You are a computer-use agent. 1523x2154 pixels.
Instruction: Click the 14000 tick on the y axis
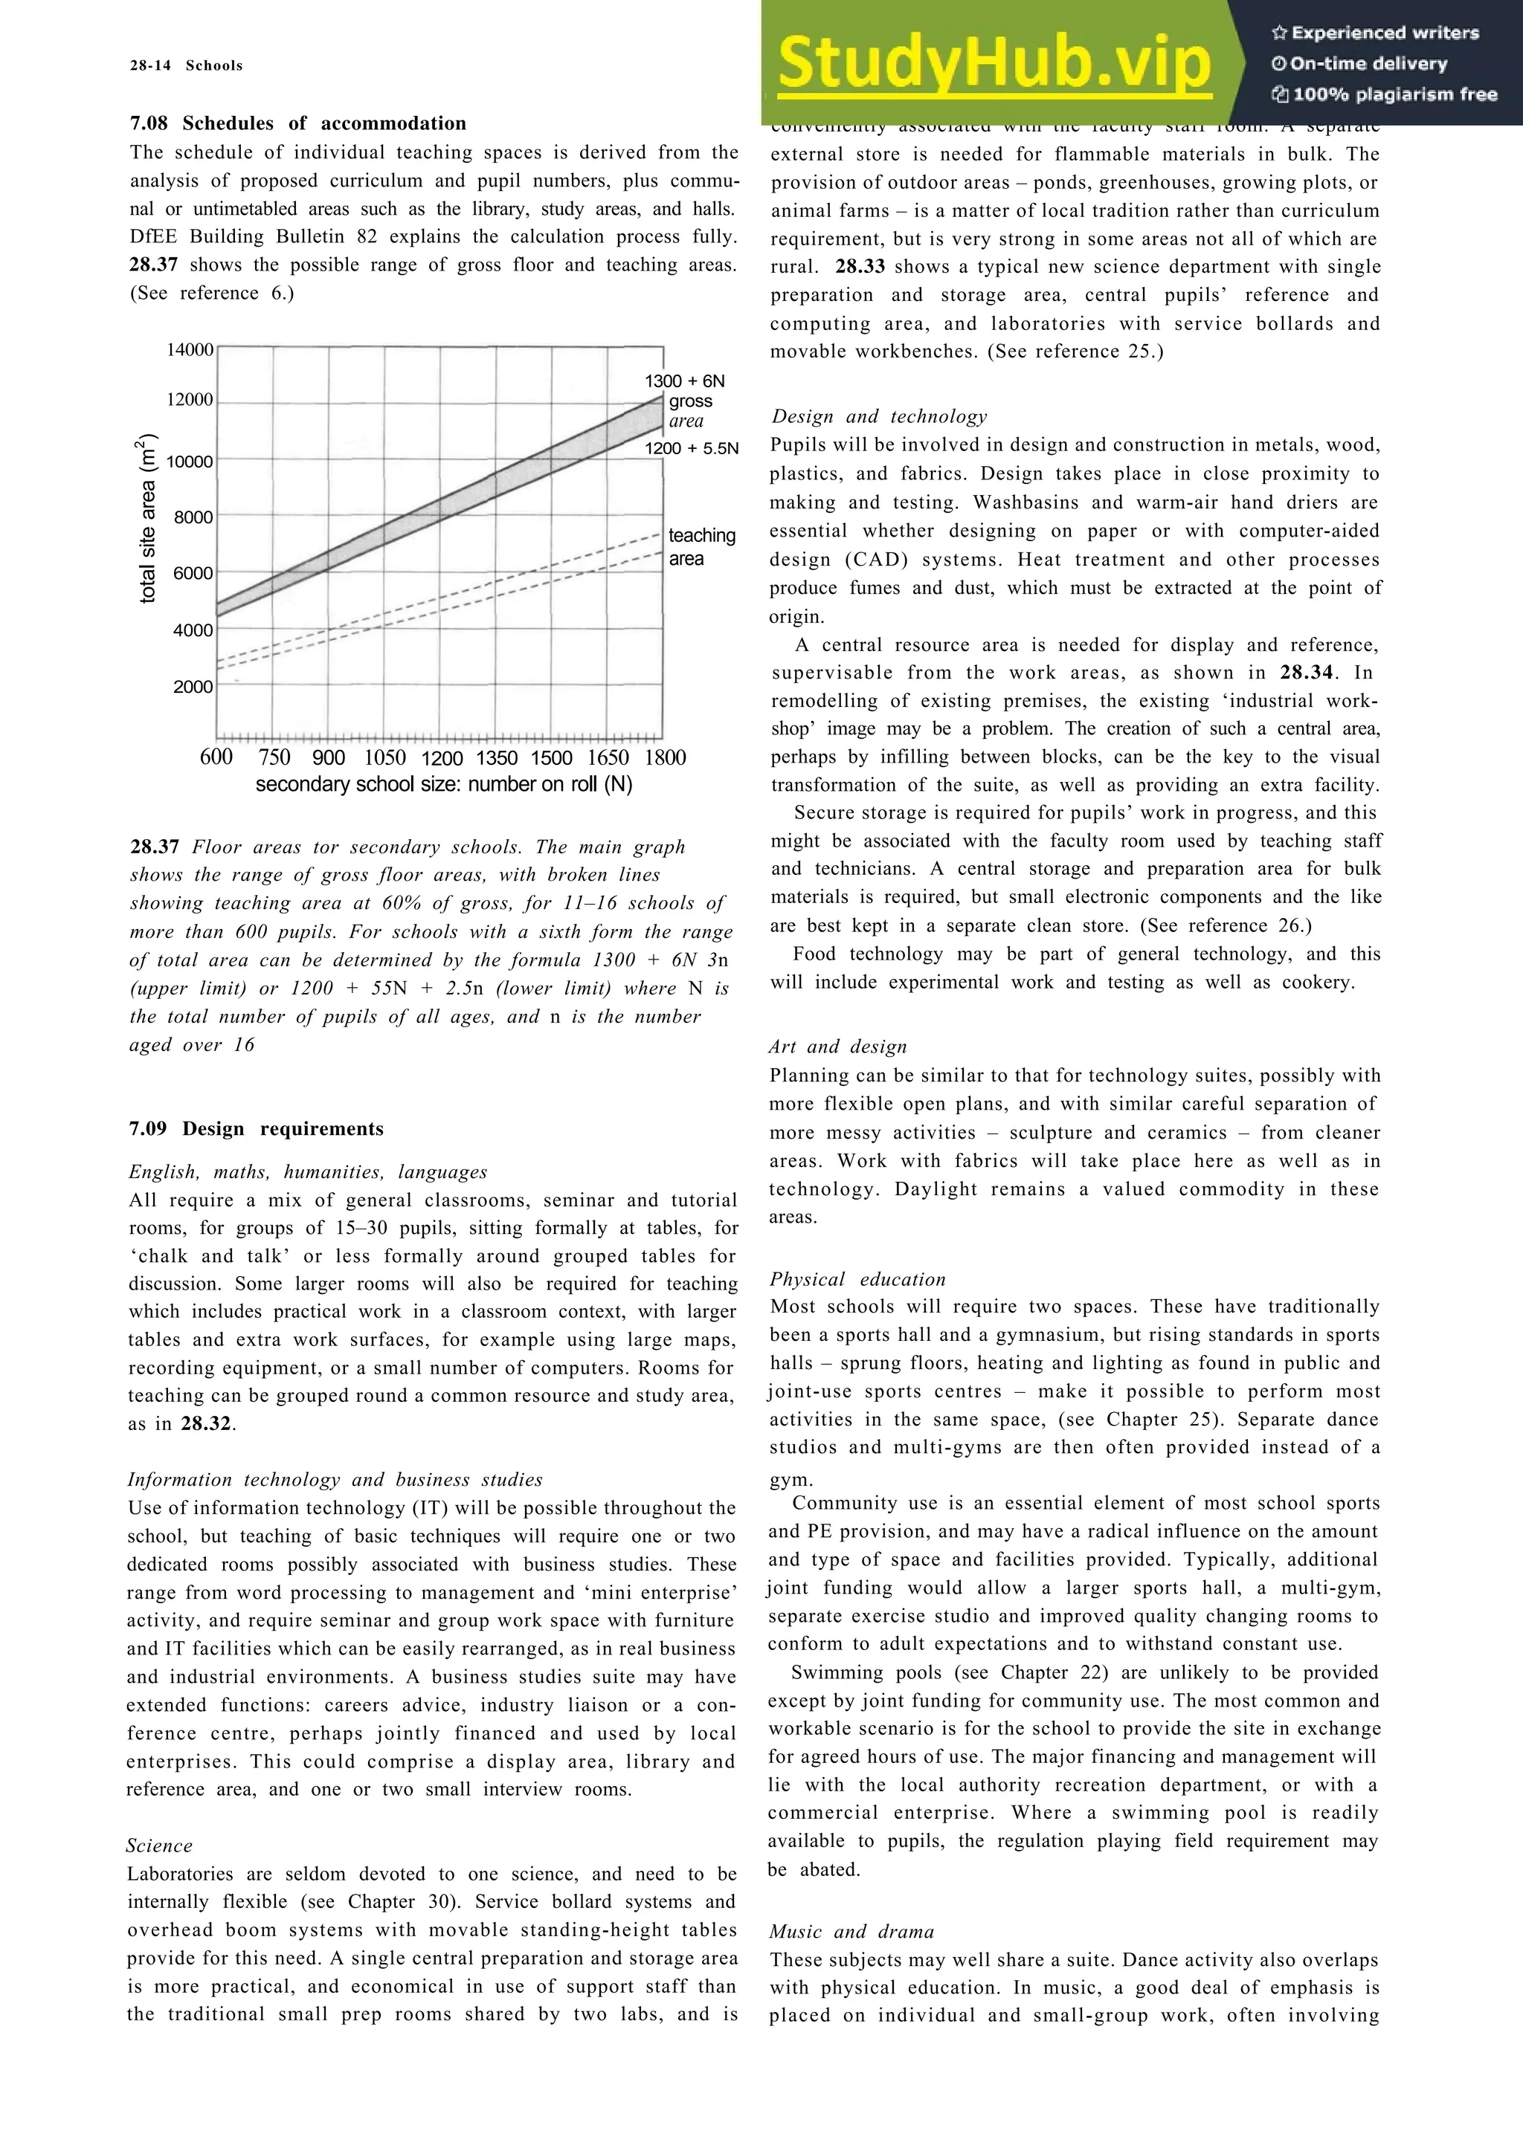190,350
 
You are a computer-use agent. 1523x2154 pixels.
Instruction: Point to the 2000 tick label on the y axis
193,687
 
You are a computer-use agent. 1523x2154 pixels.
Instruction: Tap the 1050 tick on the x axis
384,758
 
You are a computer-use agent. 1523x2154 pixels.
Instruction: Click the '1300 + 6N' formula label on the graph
684,381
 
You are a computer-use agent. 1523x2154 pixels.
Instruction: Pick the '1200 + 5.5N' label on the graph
691,448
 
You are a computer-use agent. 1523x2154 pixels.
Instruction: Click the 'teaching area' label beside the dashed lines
701,547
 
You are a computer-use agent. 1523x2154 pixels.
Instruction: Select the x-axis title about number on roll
444,784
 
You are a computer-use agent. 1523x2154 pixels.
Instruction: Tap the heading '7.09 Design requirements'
256,1128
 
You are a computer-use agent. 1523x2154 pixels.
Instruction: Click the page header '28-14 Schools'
186,65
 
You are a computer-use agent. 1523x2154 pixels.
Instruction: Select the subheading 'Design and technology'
879,416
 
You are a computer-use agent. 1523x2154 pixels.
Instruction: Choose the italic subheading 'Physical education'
857,1280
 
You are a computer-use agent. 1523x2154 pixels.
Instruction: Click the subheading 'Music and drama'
851,1932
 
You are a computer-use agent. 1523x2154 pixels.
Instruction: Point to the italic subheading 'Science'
160,1846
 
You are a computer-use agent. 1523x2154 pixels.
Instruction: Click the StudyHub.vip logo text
993,63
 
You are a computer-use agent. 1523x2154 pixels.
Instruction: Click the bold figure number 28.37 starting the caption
154,847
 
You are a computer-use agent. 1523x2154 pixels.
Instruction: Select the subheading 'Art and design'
838,1047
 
